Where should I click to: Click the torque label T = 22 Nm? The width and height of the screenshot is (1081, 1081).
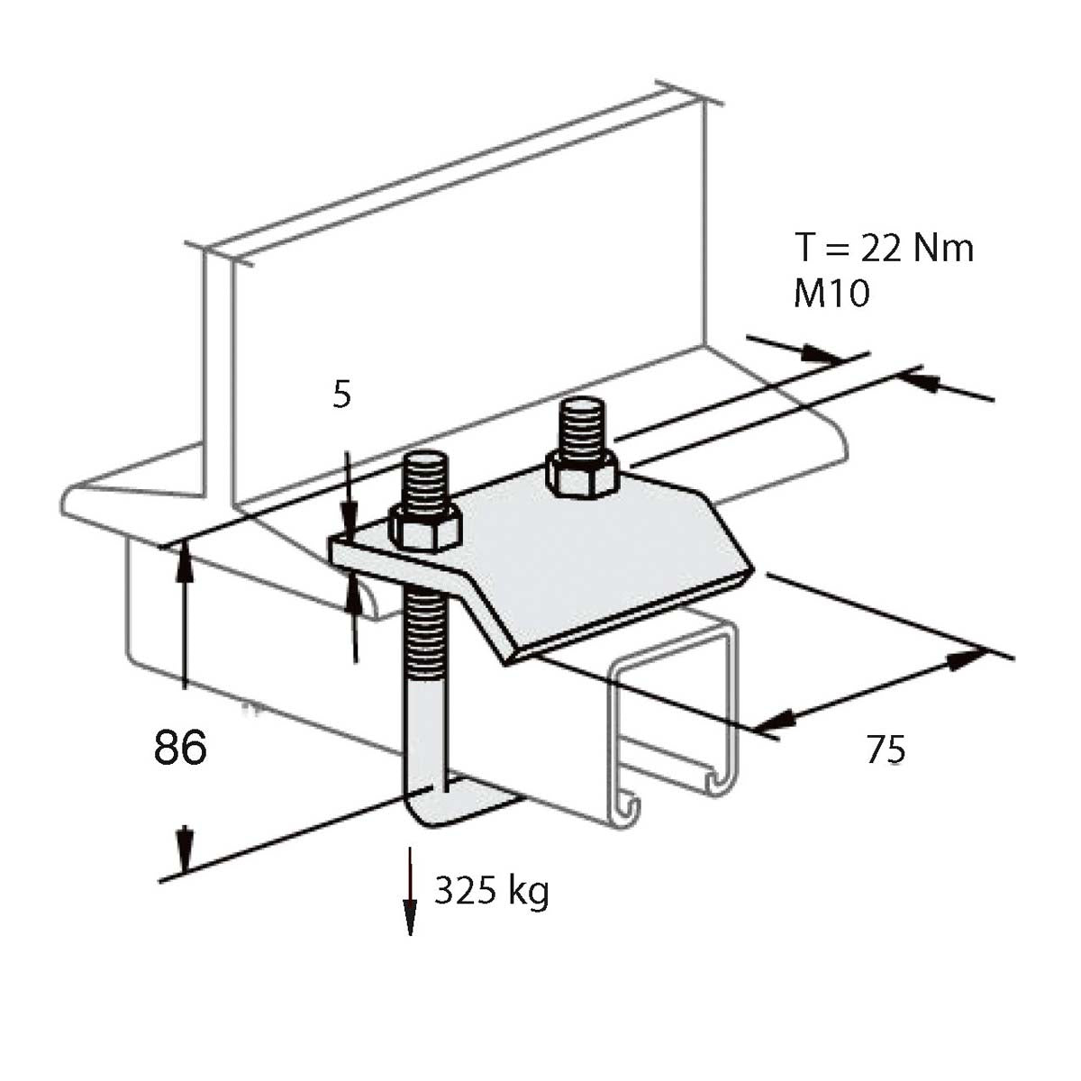point(884,248)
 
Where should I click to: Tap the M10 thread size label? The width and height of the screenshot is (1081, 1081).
point(831,294)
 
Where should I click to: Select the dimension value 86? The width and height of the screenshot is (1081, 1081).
point(180,748)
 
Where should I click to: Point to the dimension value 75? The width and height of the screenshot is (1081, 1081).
point(886,749)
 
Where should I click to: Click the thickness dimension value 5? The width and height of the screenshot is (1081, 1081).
point(341,395)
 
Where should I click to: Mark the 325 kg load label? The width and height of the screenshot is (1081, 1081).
point(491,891)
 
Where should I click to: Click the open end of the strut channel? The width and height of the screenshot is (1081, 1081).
point(674,721)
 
